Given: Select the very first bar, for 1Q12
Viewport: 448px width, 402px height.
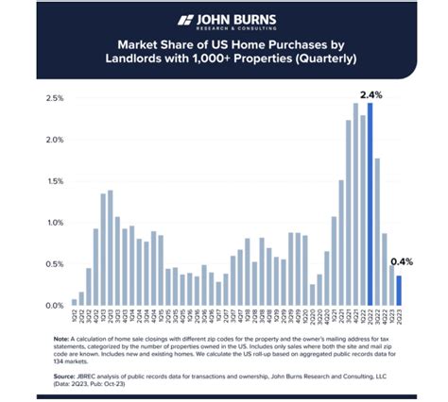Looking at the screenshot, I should [75, 302].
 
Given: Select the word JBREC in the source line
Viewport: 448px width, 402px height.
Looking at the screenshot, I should [95, 375].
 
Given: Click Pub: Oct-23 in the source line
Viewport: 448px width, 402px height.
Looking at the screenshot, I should [121, 382].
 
